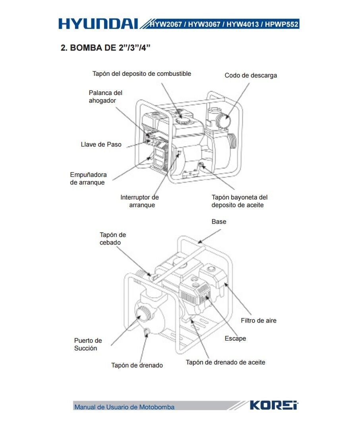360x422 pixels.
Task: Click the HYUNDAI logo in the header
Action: click(x=99, y=24)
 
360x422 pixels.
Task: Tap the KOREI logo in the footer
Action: click(x=274, y=405)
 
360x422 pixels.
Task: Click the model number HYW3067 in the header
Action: click(x=204, y=24)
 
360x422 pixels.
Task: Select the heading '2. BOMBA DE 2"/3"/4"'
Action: click(x=105, y=48)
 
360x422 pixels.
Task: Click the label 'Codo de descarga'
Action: click(x=251, y=75)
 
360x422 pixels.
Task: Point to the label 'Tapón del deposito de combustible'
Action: click(x=142, y=74)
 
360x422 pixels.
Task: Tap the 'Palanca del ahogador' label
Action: click(x=105, y=96)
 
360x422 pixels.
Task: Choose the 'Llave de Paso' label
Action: click(x=101, y=145)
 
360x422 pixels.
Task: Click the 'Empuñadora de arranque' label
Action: click(x=88, y=178)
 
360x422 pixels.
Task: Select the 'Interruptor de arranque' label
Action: click(x=139, y=201)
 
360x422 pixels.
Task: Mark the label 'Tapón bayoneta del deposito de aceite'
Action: click(x=239, y=201)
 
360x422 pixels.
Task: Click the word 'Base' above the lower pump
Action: click(x=219, y=222)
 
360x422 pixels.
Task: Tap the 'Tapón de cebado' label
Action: click(x=112, y=239)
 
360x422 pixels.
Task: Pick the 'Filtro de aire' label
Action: click(x=258, y=320)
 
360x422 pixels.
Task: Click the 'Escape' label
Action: click(x=235, y=339)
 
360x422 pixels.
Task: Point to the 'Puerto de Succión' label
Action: click(x=88, y=344)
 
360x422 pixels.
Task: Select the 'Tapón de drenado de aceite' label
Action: click(x=225, y=362)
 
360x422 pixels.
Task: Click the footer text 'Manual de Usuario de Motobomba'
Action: click(x=124, y=407)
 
